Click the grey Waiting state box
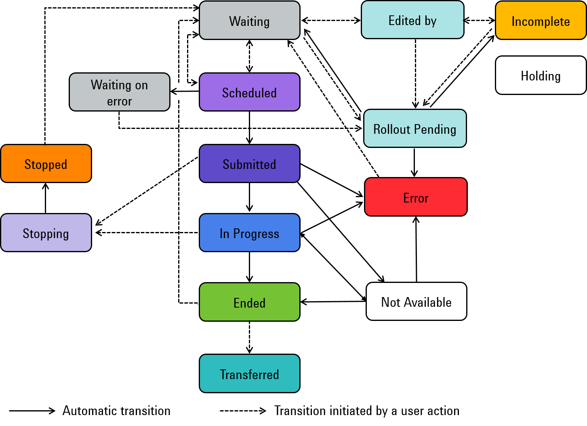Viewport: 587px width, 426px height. point(250,20)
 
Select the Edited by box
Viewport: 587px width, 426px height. point(412,20)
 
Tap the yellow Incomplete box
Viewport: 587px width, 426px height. point(541,20)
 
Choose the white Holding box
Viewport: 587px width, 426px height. point(541,75)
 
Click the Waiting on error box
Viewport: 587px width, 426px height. point(120,92)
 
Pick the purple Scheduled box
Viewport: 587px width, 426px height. point(250,92)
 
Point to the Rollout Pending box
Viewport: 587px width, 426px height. point(415,129)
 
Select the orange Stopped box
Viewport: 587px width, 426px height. point(46,164)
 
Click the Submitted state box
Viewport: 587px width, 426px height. point(250,164)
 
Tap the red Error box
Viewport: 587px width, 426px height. point(416,197)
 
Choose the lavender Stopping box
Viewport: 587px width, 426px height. point(46,233)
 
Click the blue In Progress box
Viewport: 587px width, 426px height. point(250,233)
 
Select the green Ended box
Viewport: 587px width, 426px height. point(250,302)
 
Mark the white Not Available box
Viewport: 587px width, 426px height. point(417,302)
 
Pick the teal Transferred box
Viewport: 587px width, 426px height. point(250,373)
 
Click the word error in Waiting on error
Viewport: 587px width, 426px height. point(120,101)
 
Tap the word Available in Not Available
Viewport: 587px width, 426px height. point(428,302)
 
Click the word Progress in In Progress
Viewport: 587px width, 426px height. point(256,234)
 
